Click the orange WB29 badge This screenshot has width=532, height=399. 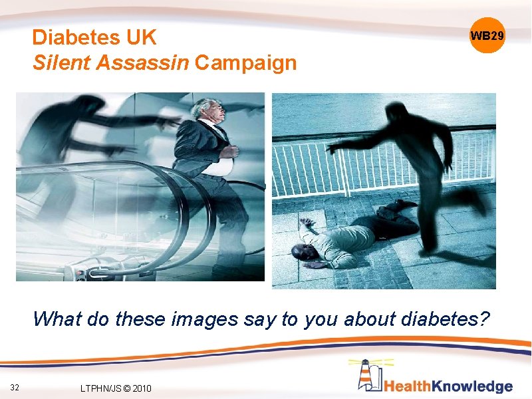coord(487,35)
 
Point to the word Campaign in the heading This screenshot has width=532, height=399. coord(246,64)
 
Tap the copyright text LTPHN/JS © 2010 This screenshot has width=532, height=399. coord(115,388)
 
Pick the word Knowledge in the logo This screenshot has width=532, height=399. coord(480,386)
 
